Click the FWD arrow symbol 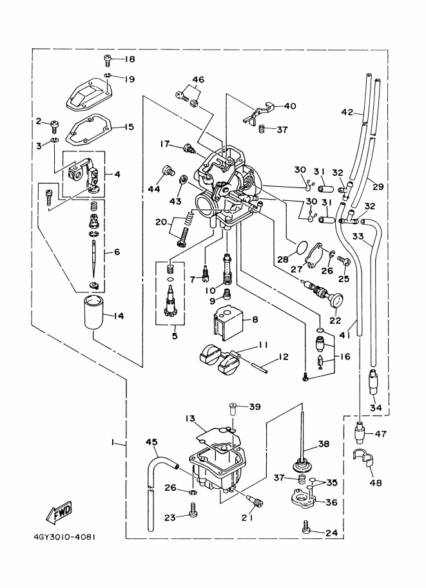click(x=59, y=513)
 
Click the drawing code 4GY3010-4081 click(x=61, y=536)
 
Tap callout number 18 click(x=130, y=59)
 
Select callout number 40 click(x=290, y=106)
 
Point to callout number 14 click(x=118, y=316)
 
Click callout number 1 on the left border click(x=113, y=442)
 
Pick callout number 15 click(x=129, y=127)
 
